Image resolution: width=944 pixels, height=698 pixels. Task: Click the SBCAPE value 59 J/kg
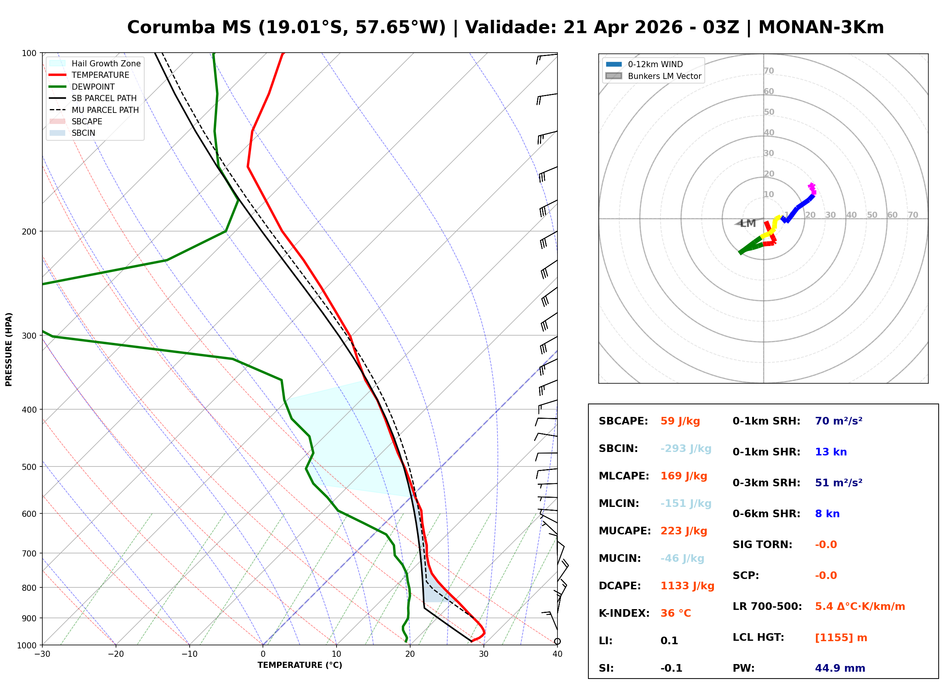tap(680, 421)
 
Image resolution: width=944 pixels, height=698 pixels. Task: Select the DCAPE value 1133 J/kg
tap(687, 586)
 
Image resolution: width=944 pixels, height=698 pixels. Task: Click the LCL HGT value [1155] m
tap(841, 638)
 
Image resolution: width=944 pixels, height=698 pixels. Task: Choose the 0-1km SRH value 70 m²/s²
tap(838, 421)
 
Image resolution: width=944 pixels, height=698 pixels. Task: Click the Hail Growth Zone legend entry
tap(106, 64)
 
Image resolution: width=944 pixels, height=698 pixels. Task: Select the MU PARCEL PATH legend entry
tap(105, 110)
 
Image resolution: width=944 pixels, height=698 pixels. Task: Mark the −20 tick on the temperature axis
tap(115, 655)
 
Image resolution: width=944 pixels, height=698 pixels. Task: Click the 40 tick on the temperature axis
tap(557, 655)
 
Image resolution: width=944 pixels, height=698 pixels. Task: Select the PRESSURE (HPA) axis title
tap(9, 349)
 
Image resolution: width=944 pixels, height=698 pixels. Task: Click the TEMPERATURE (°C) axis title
tap(300, 666)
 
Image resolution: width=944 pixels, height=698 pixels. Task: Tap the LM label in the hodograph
tap(747, 224)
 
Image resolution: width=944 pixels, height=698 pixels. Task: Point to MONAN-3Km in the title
tap(821, 27)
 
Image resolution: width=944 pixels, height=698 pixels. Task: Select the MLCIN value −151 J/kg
tap(685, 503)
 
